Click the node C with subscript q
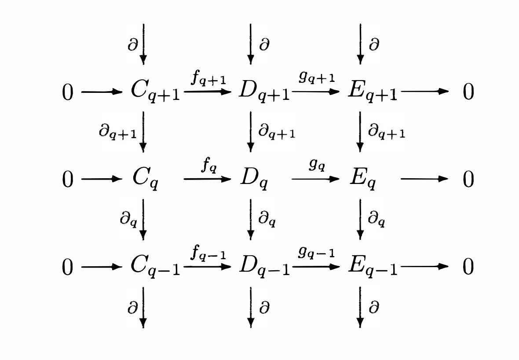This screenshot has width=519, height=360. pos(146,180)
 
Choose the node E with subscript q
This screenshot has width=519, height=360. pos(362,180)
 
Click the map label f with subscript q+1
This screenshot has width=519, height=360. pos(208,80)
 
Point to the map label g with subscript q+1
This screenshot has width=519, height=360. pos(317,79)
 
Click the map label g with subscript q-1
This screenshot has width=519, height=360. pos(317,254)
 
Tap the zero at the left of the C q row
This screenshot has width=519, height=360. pos(67,180)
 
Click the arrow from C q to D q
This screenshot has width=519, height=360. pos(207,179)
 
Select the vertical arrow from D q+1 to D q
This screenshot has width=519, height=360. pos(251,132)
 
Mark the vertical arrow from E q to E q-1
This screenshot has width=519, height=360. pos(360,219)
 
